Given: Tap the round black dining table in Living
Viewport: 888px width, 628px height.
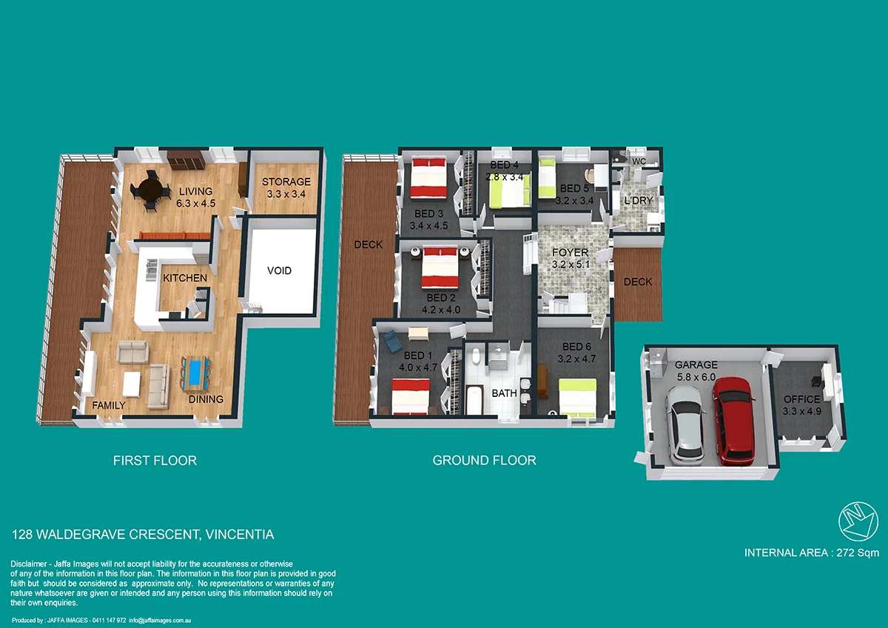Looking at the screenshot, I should coord(149,190).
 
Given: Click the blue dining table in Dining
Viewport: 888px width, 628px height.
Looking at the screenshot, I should coord(195,372).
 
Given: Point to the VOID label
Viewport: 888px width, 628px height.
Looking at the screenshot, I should coord(279,270).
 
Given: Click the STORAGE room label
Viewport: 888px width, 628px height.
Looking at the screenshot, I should coord(286,181).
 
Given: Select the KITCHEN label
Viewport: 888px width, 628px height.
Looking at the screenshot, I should coord(185,278).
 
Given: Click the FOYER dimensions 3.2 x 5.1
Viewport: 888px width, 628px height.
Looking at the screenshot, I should coord(570,264).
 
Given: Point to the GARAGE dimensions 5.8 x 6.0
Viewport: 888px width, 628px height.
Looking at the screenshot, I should coord(696,377).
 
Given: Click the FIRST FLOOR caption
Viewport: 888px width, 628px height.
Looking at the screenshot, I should coord(155,461).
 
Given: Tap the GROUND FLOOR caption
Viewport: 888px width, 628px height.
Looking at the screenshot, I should coord(484,461).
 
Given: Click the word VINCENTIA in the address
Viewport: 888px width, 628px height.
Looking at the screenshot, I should coord(240,534).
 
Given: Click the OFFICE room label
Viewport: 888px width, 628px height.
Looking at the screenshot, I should coord(801,399).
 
